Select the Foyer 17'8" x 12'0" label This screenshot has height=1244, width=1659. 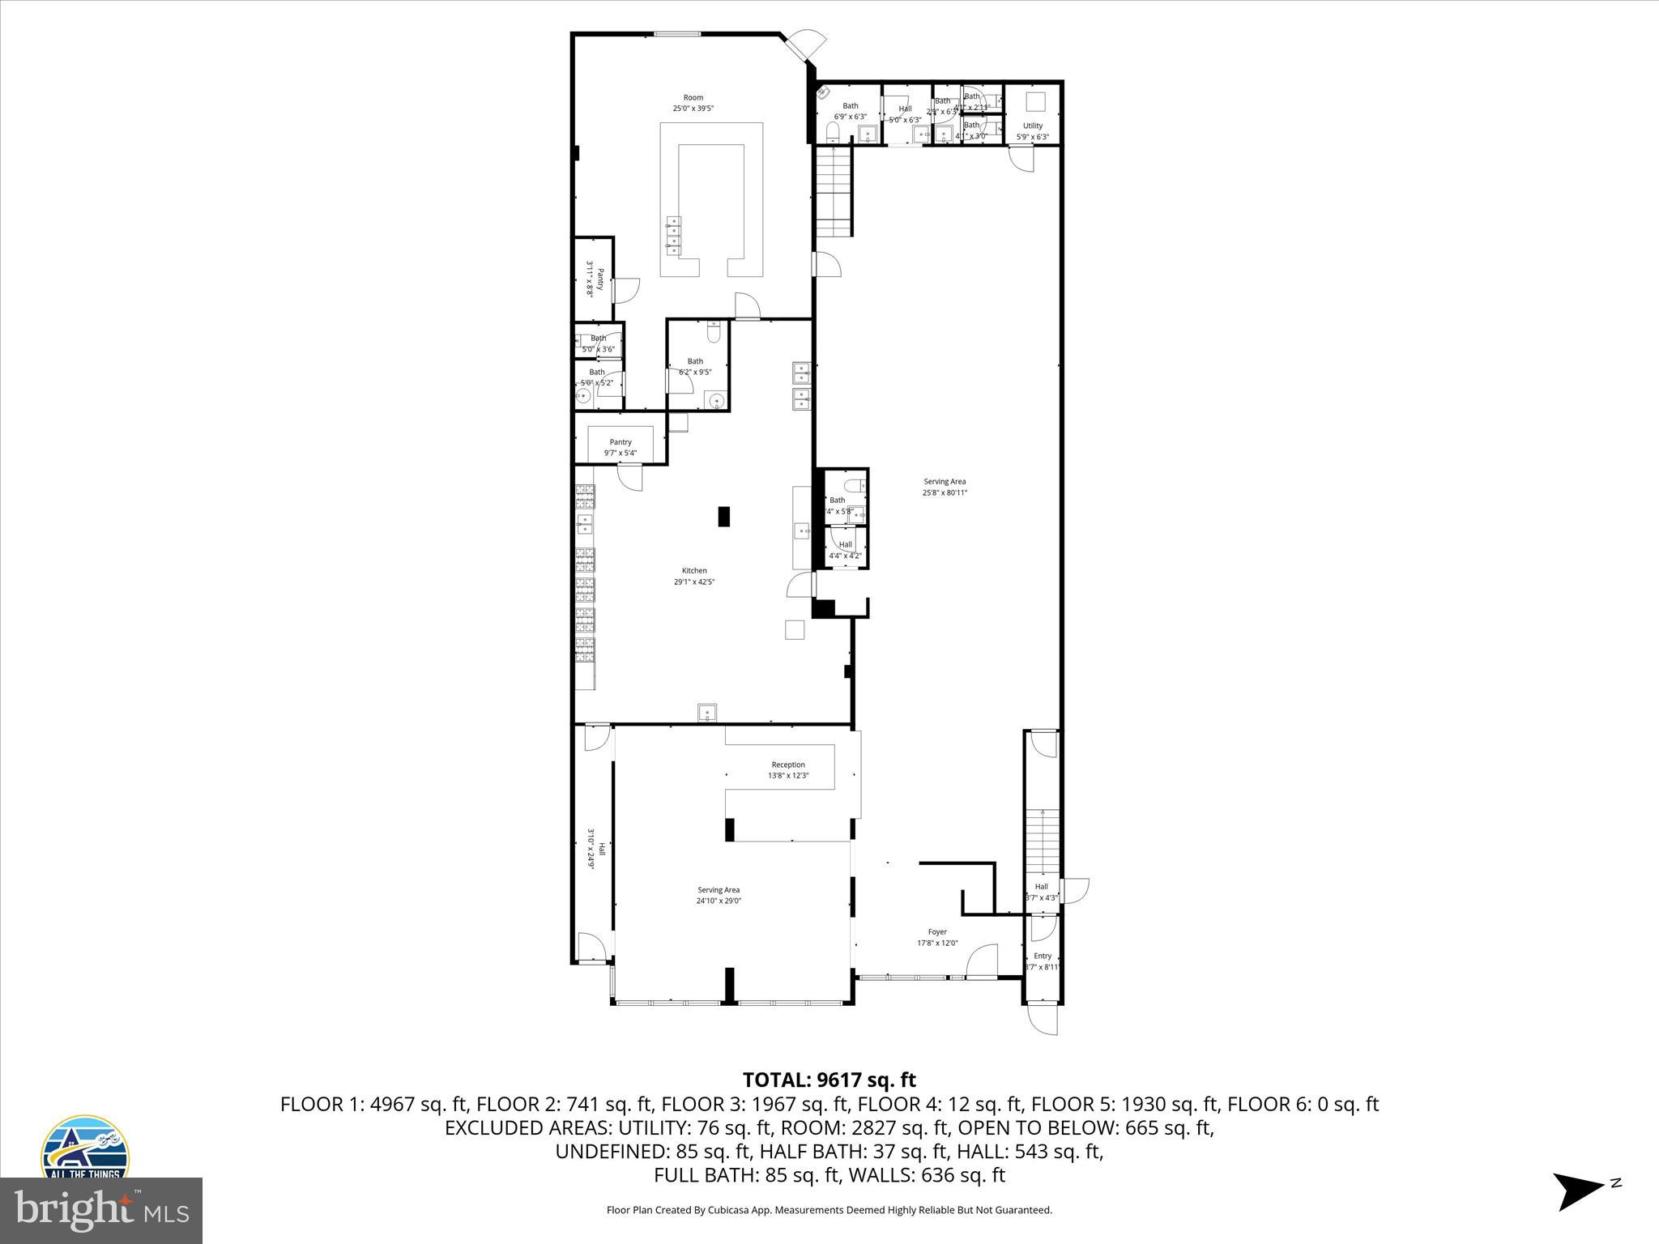[x=937, y=937]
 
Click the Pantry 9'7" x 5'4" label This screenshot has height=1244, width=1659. [x=621, y=447]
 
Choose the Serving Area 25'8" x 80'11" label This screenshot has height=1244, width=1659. [x=945, y=487]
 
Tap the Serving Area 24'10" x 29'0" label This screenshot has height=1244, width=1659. [x=719, y=895]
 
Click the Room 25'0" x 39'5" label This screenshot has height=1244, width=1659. [x=693, y=103]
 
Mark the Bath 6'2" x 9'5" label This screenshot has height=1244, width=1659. [x=695, y=366]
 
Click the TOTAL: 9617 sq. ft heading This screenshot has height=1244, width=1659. [x=829, y=1080]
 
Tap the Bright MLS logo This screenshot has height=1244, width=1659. [x=101, y=1210]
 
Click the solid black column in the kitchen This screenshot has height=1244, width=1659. [x=723, y=516]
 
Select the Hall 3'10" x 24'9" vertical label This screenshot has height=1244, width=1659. [x=595, y=849]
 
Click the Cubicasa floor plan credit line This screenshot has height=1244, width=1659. [x=829, y=1210]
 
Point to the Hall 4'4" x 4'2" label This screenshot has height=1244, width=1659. [x=845, y=550]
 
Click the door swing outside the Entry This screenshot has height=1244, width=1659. [x=1043, y=1019]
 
